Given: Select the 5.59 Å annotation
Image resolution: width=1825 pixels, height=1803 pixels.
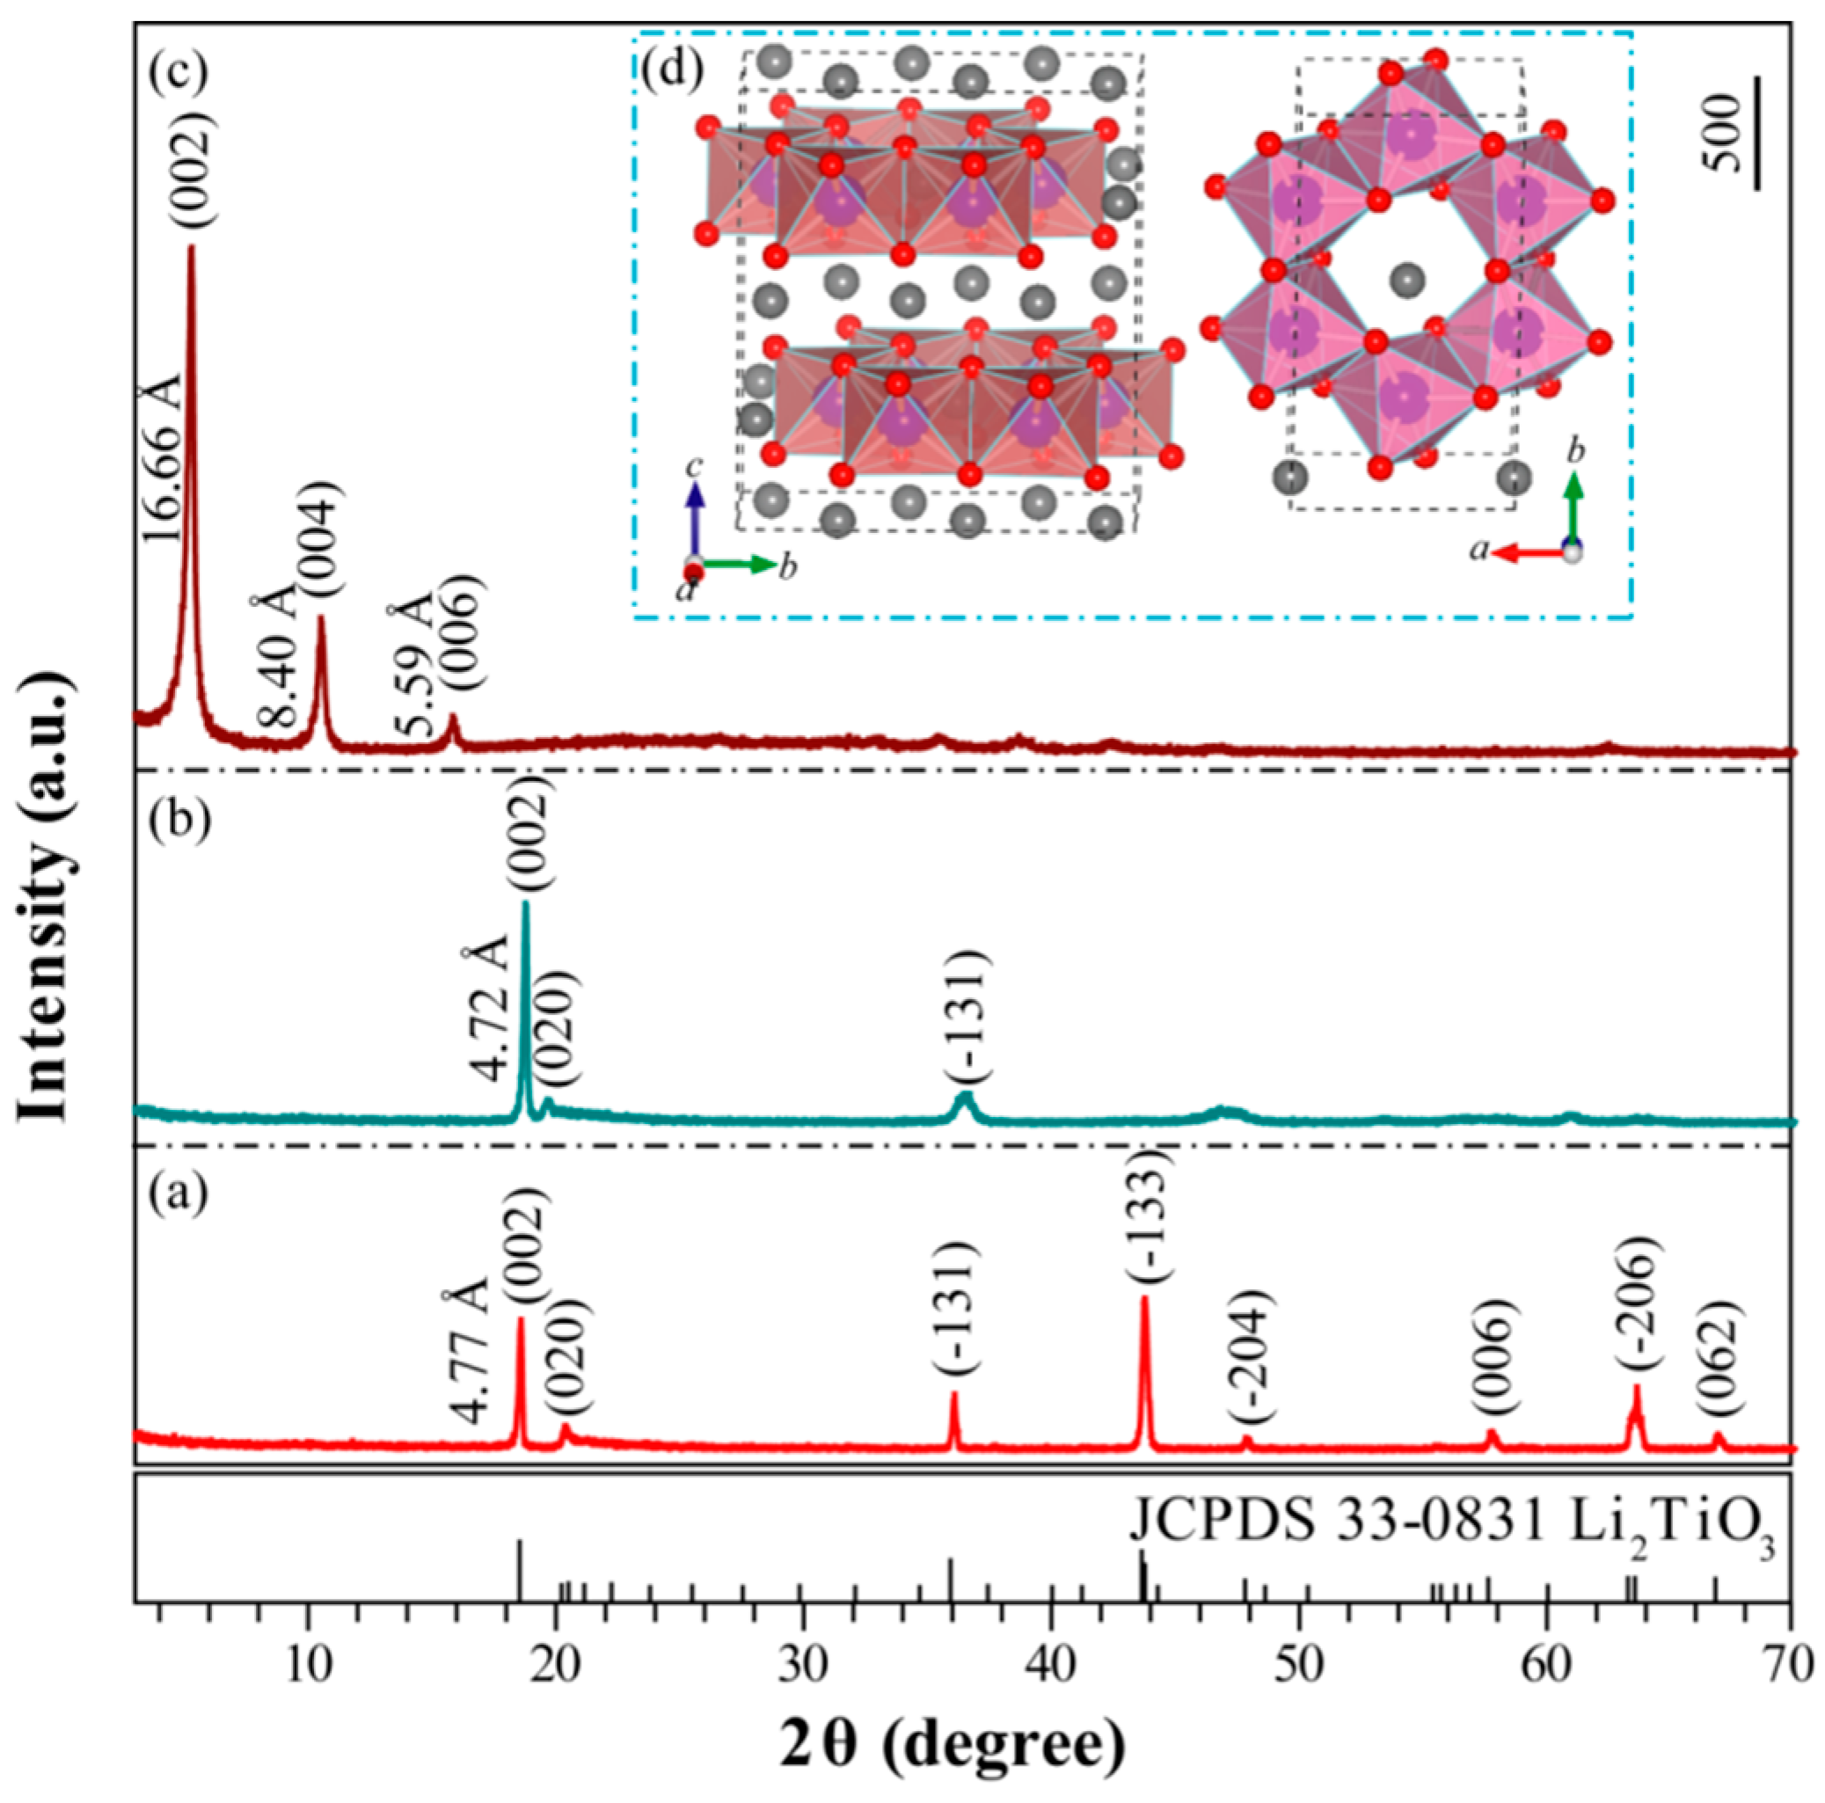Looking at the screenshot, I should click(412, 667).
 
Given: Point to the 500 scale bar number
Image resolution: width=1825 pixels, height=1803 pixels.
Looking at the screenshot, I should click(1725, 132).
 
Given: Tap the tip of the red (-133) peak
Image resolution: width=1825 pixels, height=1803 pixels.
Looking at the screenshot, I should click(1145, 1300).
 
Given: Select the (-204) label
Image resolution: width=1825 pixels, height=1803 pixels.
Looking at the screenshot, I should click(1253, 1355).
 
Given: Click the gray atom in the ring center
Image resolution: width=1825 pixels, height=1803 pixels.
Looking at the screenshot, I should click(1407, 280).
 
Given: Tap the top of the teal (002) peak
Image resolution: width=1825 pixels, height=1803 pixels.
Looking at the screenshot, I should click(525, 905).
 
